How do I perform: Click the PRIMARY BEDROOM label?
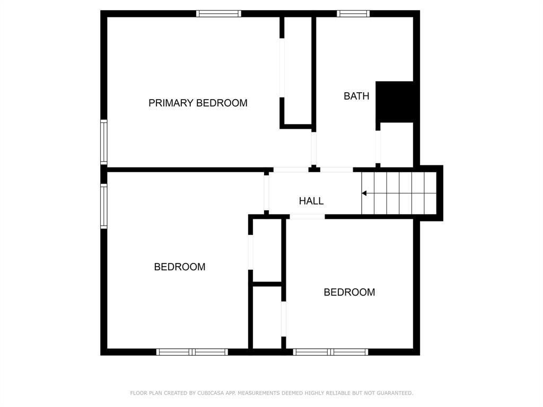pos(198,103)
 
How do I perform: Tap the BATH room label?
pos(356,96)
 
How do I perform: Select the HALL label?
pos(311,201)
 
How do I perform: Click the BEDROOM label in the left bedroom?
pos(180,267)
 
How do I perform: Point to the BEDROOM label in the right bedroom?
pos(349,292)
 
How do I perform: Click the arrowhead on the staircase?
pos(364,193)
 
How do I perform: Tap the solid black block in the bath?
pos(395,102)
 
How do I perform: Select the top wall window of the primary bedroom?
pos(218,13)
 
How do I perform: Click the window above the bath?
pos(353,13)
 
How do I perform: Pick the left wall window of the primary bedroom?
pos(103,142)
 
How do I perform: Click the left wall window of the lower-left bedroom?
pos(103,206)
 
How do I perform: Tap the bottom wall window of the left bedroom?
pos(192,352)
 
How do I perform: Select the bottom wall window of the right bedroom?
pos(331,352)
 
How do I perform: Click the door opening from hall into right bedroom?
pos(307,217)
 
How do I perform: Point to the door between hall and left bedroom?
pos(266,192)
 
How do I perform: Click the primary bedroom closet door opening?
pos(282,68)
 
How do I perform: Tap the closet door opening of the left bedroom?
pos(251,252)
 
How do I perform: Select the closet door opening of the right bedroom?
pos(284,318)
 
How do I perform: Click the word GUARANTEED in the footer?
pos(395,393)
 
